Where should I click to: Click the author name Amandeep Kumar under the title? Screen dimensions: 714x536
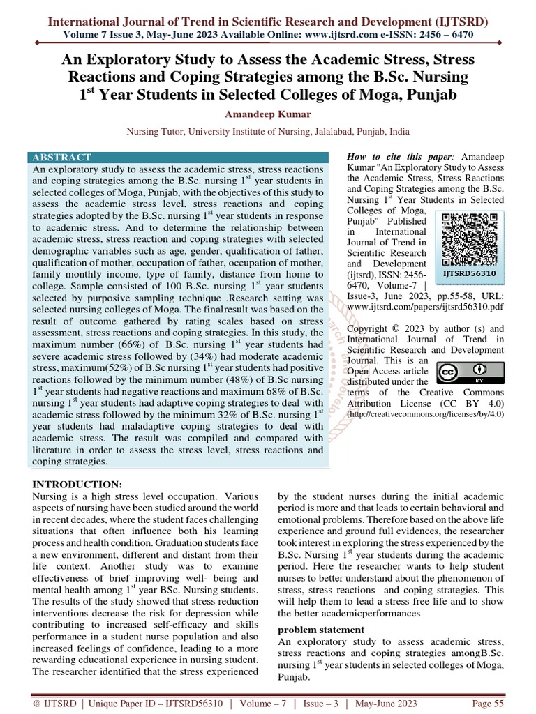click(267, 114)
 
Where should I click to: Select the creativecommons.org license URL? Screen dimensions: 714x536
click(425, 413)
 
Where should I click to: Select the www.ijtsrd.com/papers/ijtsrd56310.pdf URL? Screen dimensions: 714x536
click(424, 305)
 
